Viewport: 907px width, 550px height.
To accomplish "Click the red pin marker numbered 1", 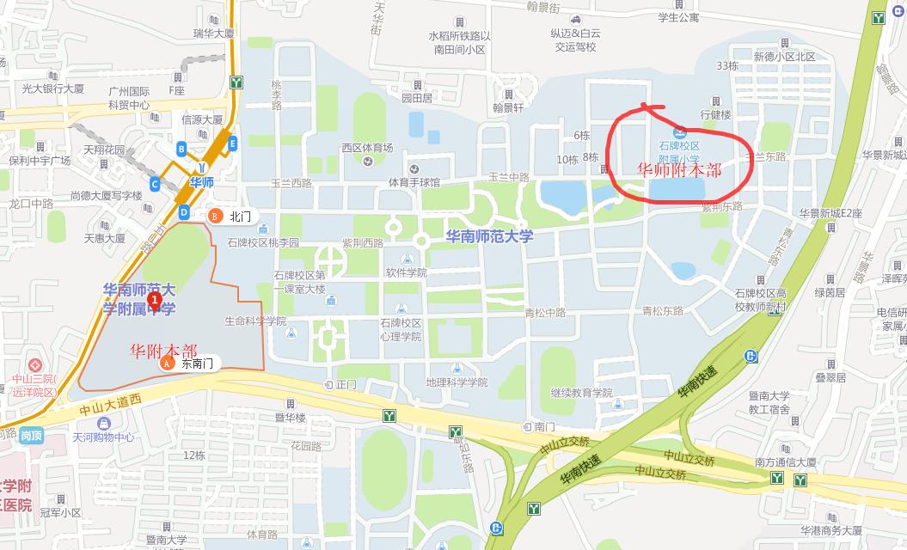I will tap(155, 300).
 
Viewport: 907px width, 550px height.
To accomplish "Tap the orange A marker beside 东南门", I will tap(167, 364).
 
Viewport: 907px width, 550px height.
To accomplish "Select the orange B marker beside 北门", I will tap(217, 216).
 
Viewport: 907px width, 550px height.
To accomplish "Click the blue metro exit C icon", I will tap(154, 183).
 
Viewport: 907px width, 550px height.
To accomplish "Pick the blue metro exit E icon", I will tap(233, 144).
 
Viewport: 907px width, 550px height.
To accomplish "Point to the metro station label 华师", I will tap(202, 182).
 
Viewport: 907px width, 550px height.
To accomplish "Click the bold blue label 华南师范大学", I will tap(489, 235).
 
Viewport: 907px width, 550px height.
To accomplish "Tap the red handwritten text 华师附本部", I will tap(678, 169).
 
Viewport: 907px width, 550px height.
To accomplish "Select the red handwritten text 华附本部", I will tap(162, 351).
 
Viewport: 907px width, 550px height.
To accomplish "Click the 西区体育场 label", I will tap(367, 148).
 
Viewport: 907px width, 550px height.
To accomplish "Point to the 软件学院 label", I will tap(406, 272).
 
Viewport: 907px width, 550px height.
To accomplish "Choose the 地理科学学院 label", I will tap(456, 382).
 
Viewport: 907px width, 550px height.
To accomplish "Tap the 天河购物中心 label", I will tap(103, 437).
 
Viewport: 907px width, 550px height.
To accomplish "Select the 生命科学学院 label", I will tap(255, 321).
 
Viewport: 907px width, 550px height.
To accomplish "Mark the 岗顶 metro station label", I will tap(32, 436).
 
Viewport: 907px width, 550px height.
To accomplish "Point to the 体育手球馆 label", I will tap(414, 182).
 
